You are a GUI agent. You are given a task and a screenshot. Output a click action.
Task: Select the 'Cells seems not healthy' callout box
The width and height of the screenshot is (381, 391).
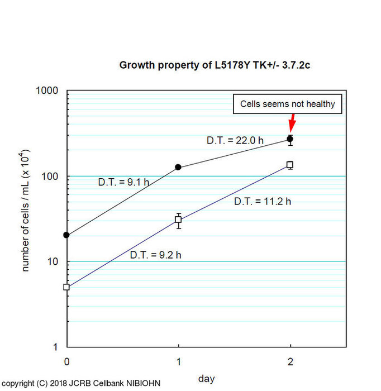pyautogui.click(x=287, y=104)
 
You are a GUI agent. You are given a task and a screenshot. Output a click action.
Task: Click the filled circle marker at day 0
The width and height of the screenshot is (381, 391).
pyautogui.click(x=66, y=235)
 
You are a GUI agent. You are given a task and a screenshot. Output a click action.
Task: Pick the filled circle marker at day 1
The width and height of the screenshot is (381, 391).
pyautogui.click(x=178, y=167)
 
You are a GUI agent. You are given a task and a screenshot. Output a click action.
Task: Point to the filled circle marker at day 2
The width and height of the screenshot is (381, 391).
pyautogui.click(x=290, y=139)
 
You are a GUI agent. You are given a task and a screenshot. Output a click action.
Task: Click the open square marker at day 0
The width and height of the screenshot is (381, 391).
pyautogui.click(x=66, y=287)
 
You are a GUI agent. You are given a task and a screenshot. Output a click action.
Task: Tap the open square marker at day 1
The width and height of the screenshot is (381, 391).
pyautogui.click(x=178, y=220)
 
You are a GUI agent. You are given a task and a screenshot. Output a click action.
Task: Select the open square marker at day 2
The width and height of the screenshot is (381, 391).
pyautogui.click(x=290, y=165)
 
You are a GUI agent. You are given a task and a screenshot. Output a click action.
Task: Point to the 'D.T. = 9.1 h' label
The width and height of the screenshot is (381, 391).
pyautogui.click(x=123, y=182)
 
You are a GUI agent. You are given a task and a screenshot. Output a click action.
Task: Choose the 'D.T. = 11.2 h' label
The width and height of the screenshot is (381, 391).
pyautogui.click(x=262, y=201)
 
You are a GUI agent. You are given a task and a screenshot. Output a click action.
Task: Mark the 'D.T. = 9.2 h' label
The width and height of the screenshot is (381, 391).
pyautogui.click(x=156, y=255)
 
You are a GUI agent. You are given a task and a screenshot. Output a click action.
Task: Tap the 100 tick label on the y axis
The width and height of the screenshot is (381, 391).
pyautogui.click(x=51, y=177)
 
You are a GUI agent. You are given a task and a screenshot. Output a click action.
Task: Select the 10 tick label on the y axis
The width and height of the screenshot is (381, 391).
pyautogui.click(x=54, y=262)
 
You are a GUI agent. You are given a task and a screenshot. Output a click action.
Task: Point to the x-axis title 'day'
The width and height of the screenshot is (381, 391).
pyautogui.click(x=206, y=379)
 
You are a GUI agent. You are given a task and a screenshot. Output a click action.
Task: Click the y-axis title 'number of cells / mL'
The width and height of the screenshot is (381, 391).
pyautogui.click(x=26, y=211)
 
